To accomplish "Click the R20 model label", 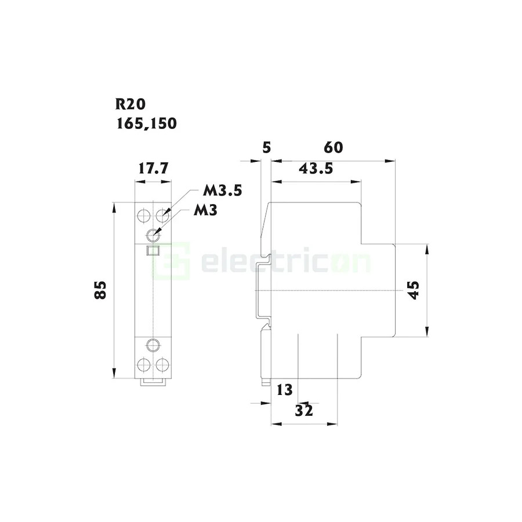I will point(130,104).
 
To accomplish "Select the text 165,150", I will point(146,123).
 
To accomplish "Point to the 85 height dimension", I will point(101,289).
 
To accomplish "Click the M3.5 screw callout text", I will point(222,191).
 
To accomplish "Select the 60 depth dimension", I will point(333,147).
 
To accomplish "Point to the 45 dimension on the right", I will point(413,290).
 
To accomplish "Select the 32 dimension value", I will point(304,410).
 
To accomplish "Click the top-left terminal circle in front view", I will point(143,217).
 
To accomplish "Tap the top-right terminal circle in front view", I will point(162,217).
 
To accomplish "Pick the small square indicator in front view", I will point(153,251).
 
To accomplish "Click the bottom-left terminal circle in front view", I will point(143,365).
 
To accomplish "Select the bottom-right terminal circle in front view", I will point(162,365).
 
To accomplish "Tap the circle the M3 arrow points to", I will point(153,235).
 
